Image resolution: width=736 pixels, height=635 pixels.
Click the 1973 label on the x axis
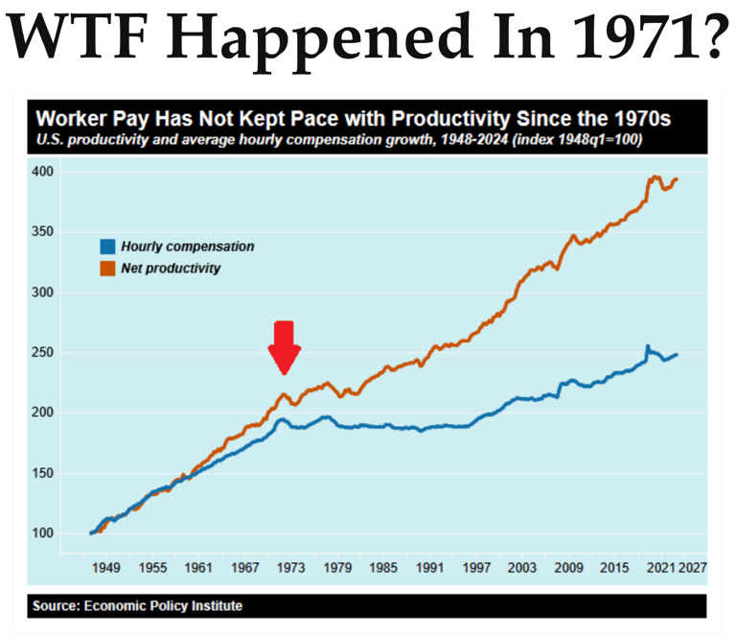[x=291, y=568]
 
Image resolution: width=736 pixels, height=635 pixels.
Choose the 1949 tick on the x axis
[x=105, y=568]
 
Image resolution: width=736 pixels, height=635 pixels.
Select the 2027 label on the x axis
[x=692, y=568]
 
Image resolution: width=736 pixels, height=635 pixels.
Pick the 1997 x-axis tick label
[x=476, y=568]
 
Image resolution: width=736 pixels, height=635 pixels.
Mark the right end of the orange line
[x=678, y=179]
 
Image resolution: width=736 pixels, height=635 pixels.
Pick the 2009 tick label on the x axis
[x=569, y=568]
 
